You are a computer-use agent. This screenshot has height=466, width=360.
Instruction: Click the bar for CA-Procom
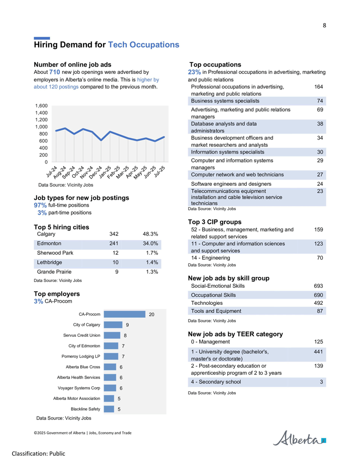tap(125, 314)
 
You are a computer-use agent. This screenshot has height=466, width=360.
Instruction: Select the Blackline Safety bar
tap(109, 409)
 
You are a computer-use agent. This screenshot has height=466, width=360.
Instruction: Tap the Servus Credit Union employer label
tap(82, 335)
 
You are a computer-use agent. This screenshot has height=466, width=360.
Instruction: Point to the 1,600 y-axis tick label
tap(41, 106)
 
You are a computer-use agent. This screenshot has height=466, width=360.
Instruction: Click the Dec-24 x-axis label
tap(96, 172)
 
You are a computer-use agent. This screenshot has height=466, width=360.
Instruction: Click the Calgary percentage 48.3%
tap(150, 234)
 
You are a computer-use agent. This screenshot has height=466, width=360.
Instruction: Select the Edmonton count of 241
tap(114, 244)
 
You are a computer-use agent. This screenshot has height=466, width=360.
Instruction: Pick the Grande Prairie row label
tap(54, 271)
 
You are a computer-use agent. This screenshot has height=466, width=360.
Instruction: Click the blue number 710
tap(54, 72)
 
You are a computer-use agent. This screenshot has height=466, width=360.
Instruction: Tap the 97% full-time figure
tap(40, 205)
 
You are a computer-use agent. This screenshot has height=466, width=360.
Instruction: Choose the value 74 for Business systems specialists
tap(320, 101)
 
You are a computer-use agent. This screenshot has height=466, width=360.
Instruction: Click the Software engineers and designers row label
tap(227, 184)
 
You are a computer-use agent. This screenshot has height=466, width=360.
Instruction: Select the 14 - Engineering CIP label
tap(211, 258)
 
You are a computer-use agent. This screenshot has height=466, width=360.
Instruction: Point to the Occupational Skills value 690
tap(319, 295)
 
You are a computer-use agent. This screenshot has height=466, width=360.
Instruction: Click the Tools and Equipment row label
tap(216, 311)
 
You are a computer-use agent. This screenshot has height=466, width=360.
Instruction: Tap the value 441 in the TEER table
tap(319, 352)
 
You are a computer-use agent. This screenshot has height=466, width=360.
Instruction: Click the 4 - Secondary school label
tap(216, 382)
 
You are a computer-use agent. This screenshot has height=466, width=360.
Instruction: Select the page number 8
tap(324, 26)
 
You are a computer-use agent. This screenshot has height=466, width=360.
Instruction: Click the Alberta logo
tap(299, 438)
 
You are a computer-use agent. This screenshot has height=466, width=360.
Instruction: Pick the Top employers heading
tap(57, 294)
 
